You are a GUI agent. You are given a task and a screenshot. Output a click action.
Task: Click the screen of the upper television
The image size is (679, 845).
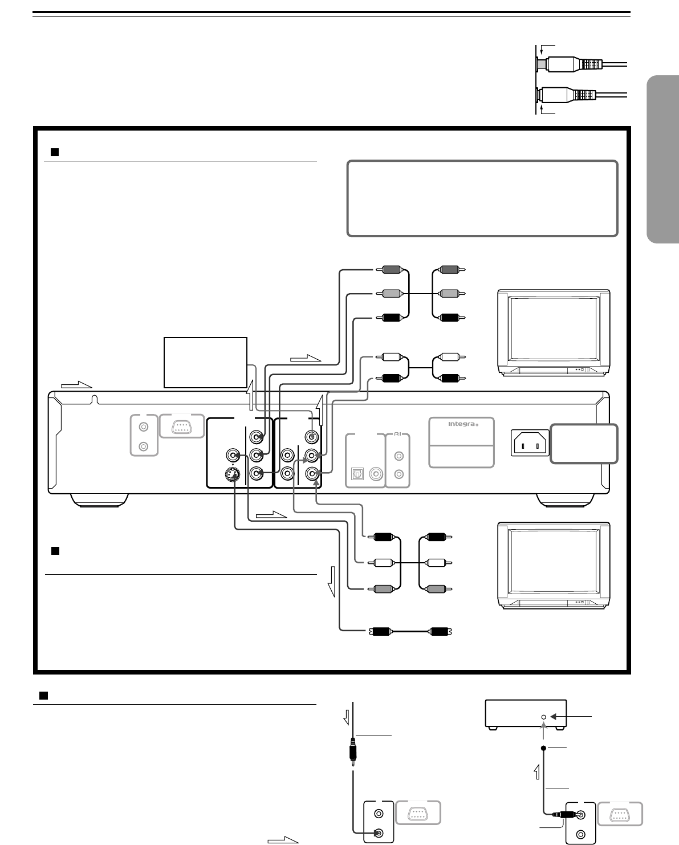pyautogui.click(x=553, y=329)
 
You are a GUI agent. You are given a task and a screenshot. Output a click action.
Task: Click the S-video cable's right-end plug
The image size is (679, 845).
pyautogui.click(x=441, y=631)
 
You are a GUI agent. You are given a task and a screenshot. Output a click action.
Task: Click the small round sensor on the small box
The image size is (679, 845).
pyautogui.click(x=544, y=716)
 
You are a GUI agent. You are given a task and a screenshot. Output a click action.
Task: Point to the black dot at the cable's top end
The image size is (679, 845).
pyautogui.click(x=544, y=747)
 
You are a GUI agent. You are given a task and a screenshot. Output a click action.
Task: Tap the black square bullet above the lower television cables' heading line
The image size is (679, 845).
pyautogui.click(x=55, y=550)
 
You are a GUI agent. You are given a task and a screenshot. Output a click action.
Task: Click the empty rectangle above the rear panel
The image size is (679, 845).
pyautogui.click(x=205, y=362)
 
